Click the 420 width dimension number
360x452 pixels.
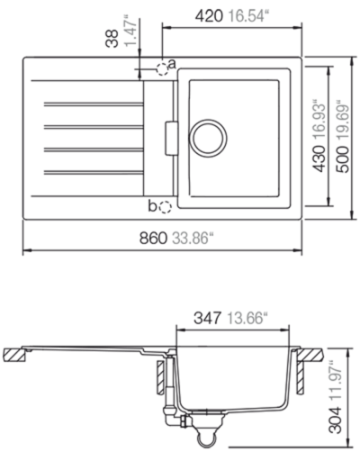click(209, 15)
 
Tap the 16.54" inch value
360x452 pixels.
click(247, 15)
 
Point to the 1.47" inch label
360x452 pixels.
click(130, 32)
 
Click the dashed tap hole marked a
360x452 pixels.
click(162, 69)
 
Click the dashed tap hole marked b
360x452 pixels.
click(166, 207)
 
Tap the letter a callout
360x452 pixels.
click(172, 64)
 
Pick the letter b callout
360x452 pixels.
click(152, 206)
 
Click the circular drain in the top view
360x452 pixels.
click(208, 138)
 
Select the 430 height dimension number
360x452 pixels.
click(319, 158)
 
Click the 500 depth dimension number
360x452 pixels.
click(343, 159)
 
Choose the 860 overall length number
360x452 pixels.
click(153, 239)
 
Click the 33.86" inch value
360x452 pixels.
click(192, 239)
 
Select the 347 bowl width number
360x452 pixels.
click(207, 318)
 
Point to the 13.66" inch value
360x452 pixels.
click(247, 318)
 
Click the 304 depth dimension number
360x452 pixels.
click(336, 420)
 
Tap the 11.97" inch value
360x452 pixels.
click(336, 383)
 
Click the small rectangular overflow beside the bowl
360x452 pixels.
click(171, 139)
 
